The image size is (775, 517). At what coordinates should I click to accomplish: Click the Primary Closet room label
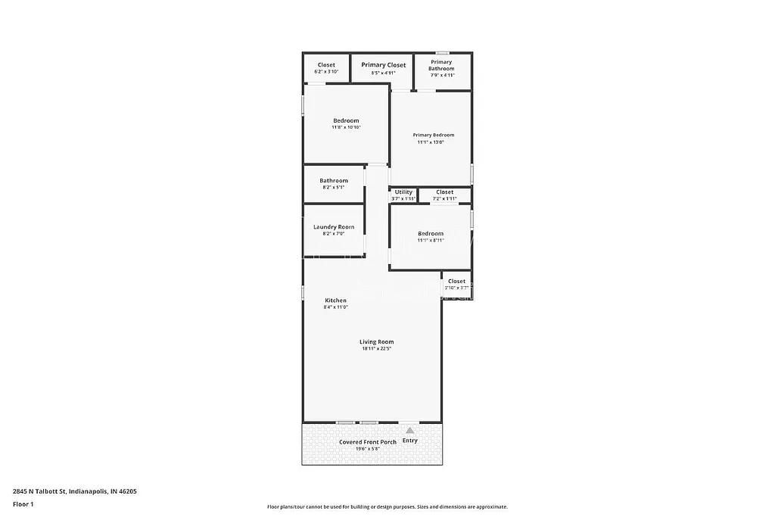pyautogui.click(x=383, y=65)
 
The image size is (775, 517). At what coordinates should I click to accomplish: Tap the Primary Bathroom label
pyautogui.click(x=441, y=65)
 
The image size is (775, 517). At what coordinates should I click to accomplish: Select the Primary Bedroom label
pyautogui.click(x=434, y=135)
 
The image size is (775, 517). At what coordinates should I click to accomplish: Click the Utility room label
pyautogui.click(x=403, y=192)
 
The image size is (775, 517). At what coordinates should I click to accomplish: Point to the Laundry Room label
pyautogui.click(x=334, y=227)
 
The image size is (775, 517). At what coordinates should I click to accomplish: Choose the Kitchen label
pyautogui.click(x=335, y=301)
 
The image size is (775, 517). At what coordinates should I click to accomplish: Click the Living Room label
pyautogui.click(x=376, y=342)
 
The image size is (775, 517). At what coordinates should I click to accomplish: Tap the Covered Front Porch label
pyautogui.click(x=367, y=442)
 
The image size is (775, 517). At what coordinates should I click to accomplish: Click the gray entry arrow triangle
pyautogui.click(x=410, y=430)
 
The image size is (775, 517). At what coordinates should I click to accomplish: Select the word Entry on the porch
pyautogui.click(x=409, y=441)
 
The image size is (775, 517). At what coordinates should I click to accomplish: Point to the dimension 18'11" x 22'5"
pyautogui.click(x=377, y=349)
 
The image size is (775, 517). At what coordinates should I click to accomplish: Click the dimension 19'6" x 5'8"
pyautogui.click(x=367, y=449)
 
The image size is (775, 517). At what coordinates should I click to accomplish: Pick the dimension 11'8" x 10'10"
pyautogui.click(x=346, y=127)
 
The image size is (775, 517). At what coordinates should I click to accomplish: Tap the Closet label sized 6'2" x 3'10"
pyautogui.click(x=326, y=65)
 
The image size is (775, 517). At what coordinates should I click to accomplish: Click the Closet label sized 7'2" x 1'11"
pyautogui.click(x=444, y=192)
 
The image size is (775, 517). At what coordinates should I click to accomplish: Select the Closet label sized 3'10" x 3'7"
pyautogui.click(x=456, y=282)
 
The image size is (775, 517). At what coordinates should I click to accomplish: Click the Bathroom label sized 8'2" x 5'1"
pyautogui.click(x=334, y=181)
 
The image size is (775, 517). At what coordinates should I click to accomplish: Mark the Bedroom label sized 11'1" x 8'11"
pyautogui.click(x=431, y=234)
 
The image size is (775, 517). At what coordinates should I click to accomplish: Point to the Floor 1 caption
pyautogui.click(x=23, y=503)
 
